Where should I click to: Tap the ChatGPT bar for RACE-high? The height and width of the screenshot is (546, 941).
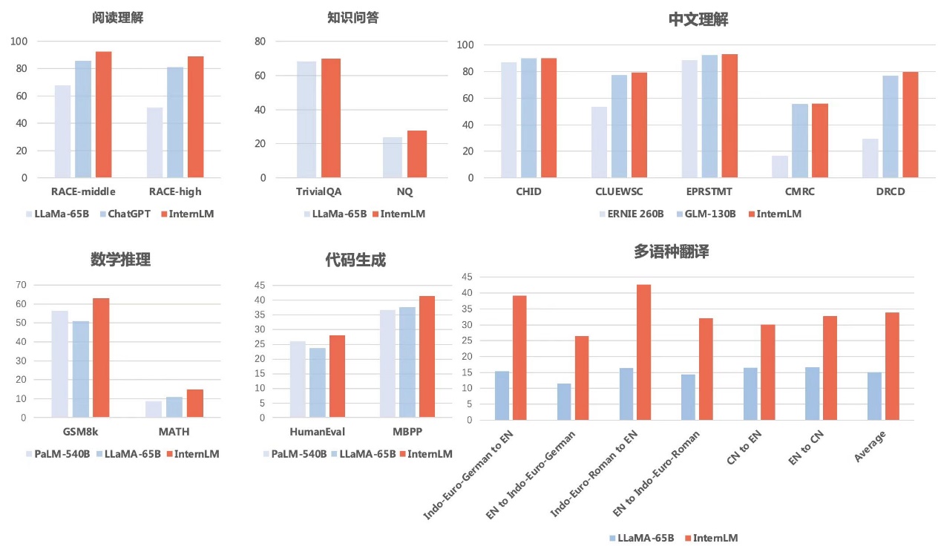175,122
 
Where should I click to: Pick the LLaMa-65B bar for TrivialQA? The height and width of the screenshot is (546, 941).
306,119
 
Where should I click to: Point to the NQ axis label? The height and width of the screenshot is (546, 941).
404,191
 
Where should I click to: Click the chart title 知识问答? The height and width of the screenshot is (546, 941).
353,18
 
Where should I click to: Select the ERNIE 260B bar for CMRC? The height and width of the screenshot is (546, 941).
780,167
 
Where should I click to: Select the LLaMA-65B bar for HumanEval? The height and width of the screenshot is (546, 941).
318,383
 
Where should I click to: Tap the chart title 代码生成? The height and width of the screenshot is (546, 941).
355,260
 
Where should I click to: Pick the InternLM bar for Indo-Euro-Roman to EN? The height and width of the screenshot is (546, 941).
643,352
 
